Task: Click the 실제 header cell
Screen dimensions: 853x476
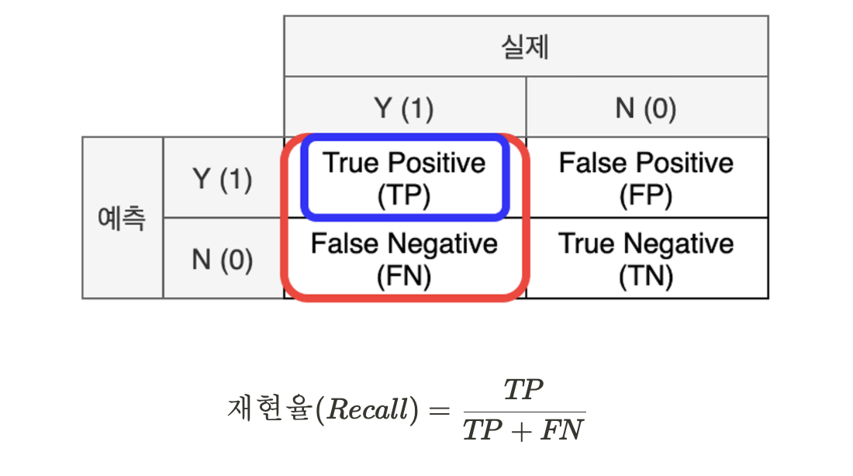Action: [x=526, y=47]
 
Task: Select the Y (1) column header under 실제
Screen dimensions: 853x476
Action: [x=404, y=108]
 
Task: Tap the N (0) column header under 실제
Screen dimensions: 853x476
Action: [x=646, y=108]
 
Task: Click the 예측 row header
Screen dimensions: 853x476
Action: [x=122, y=218]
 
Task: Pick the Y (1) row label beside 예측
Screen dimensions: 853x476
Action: [x=223, y=179]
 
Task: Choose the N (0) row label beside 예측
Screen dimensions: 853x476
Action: [x=223, y=259]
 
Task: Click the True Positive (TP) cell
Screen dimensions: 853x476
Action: [x=404, y=178]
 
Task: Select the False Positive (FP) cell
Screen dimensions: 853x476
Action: [x=646, y=178]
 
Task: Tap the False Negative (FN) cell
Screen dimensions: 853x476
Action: [x=404, y=259]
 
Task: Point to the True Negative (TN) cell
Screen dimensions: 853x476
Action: [x=646, y=259]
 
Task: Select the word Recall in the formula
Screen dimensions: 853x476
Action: [x=368, y=410]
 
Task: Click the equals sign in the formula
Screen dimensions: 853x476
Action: [x=438, y=410]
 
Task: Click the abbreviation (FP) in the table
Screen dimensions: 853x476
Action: [x=646, y=195]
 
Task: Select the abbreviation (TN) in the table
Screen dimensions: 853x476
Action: [x=646, y=276]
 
